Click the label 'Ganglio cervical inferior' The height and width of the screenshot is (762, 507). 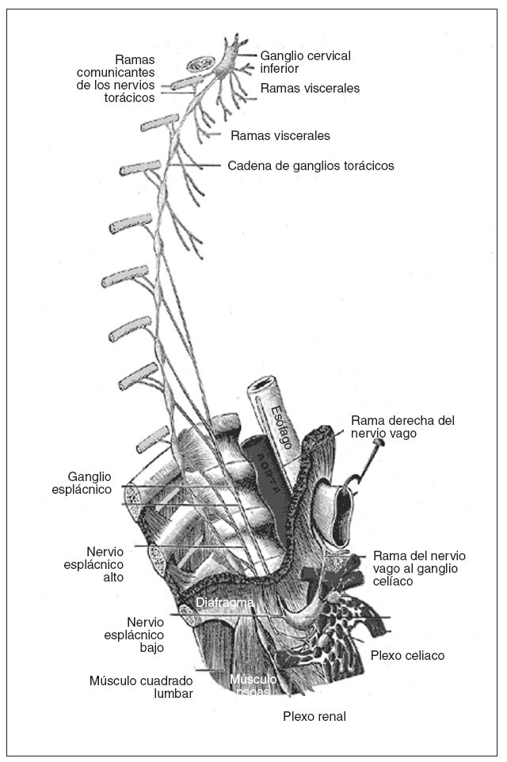[305, 62]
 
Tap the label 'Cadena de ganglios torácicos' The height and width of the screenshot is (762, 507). [311, 166]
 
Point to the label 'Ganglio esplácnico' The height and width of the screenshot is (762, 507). [90, 483]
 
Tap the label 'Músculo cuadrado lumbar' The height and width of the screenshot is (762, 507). [141, 687]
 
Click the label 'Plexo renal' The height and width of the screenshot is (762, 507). [314, 717]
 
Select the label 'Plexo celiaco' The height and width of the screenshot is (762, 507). [407, 655]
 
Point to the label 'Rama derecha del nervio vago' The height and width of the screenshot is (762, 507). [404, 426]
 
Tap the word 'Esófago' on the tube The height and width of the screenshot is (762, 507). [280, 426]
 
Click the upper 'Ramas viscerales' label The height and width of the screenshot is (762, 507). [310, 89]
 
